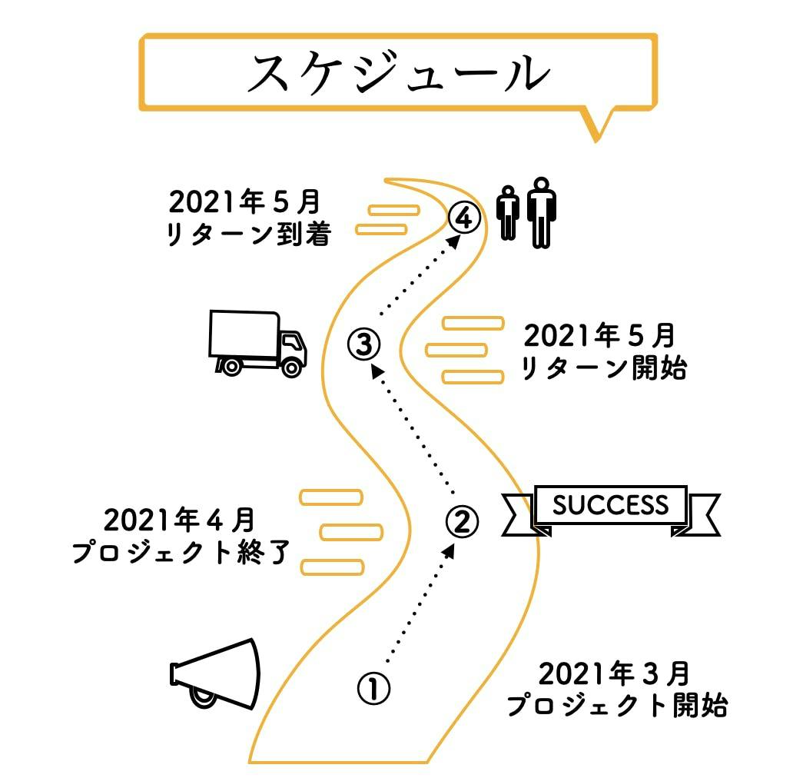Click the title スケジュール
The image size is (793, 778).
click(x=398, y=75)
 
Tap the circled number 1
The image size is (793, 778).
click(x=373, y=688)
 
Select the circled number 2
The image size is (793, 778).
click(x=462, y=521)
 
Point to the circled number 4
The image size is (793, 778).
click(x=463, y=218)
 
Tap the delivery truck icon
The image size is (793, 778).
click(x=257, y=344)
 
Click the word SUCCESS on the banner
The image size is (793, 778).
click(x=610, y=506)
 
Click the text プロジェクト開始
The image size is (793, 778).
click(x=616, y=705)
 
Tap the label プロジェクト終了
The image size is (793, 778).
click(x=181, y=552)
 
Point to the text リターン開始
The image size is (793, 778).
click(x=603, y=368)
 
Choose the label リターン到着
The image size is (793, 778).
click(x=248, y=234)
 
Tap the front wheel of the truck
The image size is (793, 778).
click(x=291, y=367)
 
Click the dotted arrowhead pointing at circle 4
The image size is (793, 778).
click(x=456, y=239)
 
